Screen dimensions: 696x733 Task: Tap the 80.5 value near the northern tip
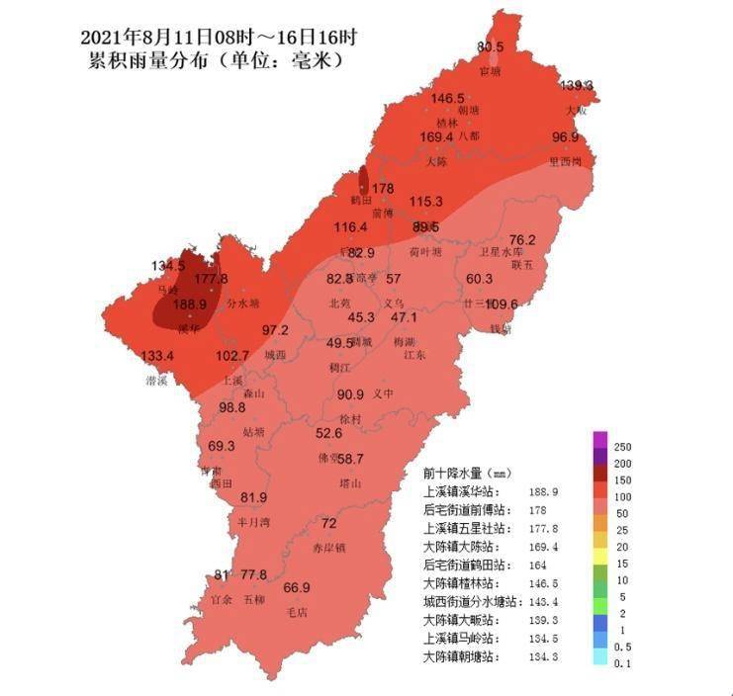pyautogui.click(x=491, y=47)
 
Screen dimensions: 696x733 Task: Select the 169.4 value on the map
pyautogui.click(x=436, y=137)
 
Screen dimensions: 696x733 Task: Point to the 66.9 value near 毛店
pyautogui.click(x=297, y=588)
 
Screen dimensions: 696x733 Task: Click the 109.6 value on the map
pyautogui.click(x=503, y=304)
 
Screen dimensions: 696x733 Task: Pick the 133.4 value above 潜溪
pyautogui.click(x=157, y=356)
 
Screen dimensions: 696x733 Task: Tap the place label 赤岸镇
pyautogui.click(x=329, y=547)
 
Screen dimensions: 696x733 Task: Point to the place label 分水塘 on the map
pyautogui.click(x=243, y=304)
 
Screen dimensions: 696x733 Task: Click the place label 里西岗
pyautogui.click(x=572, y=160)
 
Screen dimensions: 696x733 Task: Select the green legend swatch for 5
pyautogui.click(x=599, y=596)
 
